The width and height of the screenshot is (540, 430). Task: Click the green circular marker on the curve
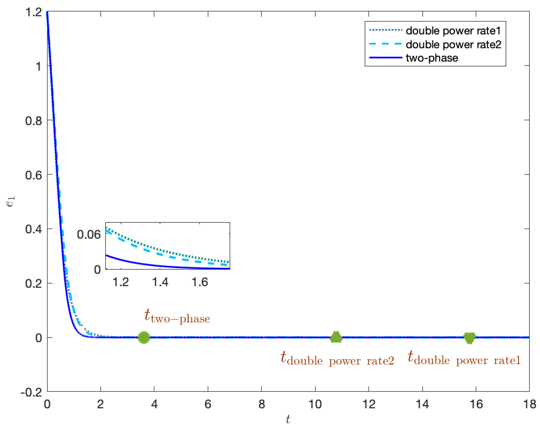[144, 337]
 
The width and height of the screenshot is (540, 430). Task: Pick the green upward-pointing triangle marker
[336, 337]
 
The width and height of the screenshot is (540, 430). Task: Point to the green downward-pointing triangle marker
[469, 338]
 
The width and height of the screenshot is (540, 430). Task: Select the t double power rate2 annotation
[337, 359]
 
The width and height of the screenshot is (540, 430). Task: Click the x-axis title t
[288, 419]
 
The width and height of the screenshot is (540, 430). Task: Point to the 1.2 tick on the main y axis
[34, 12]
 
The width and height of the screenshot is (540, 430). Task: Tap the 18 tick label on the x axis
[529, 404]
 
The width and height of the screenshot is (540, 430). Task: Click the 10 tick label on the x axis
[315, 404]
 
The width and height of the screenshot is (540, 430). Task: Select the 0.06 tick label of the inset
[89, 234]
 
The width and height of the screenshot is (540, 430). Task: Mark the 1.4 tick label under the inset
[160, 282]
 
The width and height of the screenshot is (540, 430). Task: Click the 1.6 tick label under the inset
[200, 282]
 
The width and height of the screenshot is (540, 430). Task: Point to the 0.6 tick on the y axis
[34, 175]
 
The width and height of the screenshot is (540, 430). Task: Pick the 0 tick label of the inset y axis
[97, 270]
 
